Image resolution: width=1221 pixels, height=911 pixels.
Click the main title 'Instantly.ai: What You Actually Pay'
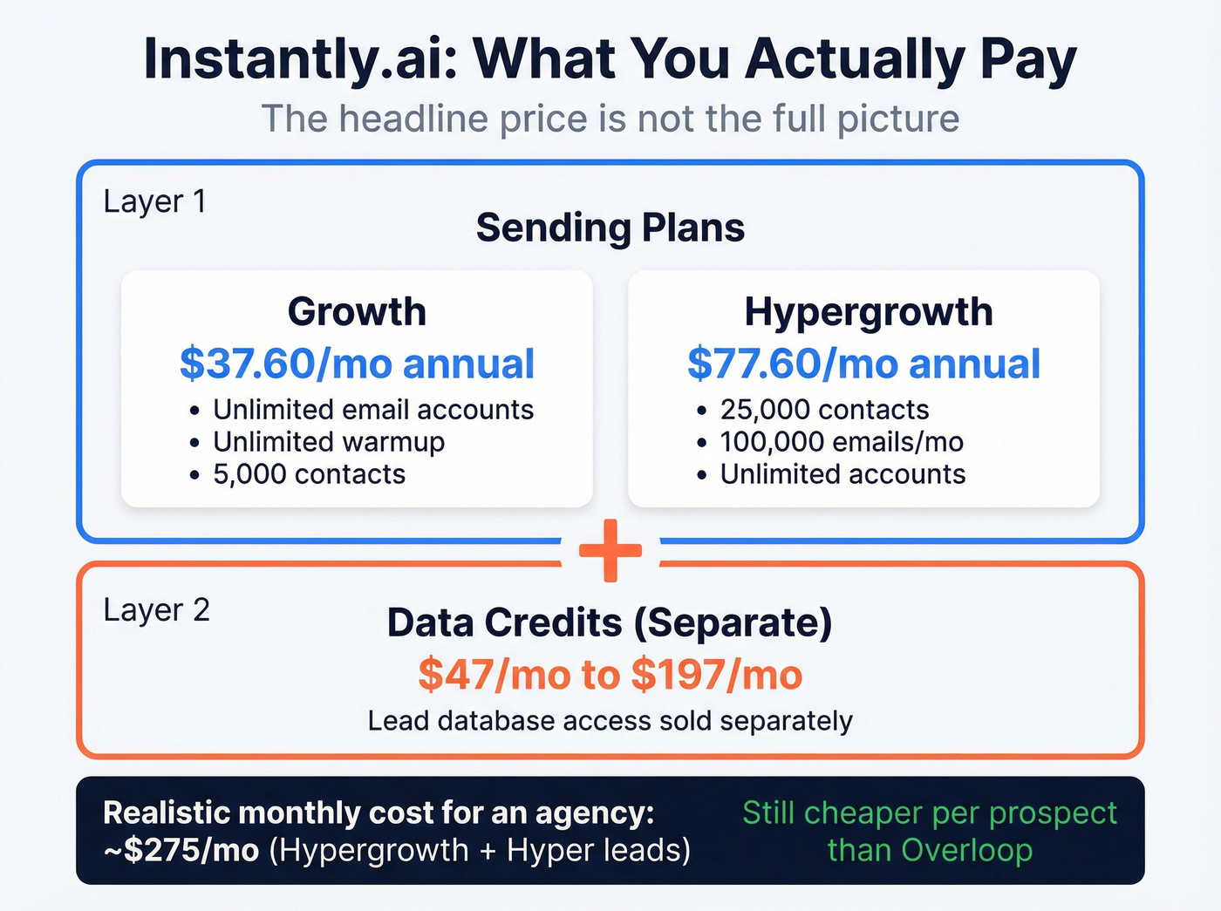(610, 59)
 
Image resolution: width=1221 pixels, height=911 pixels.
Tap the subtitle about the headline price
(610, 119)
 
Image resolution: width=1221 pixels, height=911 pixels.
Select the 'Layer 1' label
(154, 201)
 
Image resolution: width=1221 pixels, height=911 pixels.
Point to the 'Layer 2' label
(156, 610)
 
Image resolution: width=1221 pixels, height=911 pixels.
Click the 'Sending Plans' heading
(610, 228)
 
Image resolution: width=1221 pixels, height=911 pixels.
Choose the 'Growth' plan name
(357, 311)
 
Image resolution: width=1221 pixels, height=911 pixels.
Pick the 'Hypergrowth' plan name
(868, 311)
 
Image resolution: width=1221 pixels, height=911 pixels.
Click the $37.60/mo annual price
(357, 364)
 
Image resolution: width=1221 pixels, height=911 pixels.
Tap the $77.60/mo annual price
(863, 364)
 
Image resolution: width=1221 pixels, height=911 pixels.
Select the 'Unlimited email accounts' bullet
(373, 410)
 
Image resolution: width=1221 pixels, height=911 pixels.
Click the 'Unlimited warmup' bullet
(329, 442)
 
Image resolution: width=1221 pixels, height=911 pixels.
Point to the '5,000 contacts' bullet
(309, 474)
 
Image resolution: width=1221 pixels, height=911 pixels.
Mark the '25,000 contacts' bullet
(824, 410)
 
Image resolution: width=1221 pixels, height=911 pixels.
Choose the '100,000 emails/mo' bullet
(842, 442)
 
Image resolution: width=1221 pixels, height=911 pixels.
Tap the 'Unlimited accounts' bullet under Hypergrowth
(842, 474)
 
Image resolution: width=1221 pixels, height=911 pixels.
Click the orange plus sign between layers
(610, 551)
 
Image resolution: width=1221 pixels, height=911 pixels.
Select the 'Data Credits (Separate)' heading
(610, 622)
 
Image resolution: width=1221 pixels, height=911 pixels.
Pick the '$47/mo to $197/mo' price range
(610, 675)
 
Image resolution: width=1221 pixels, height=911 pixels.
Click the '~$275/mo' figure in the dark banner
(181, 850)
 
